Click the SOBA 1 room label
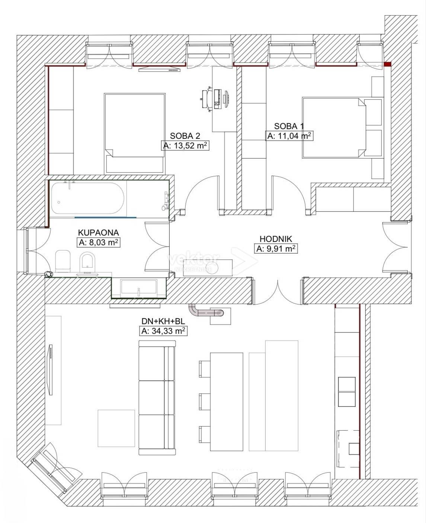[289, 126]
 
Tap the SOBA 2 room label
[185, 136]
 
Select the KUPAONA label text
[98, 232]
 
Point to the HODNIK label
[276, 239]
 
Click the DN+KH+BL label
[163, 321]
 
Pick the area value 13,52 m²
[185, 146]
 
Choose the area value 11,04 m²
[289, 135]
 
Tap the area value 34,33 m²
[163, 331]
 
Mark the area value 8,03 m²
[98, 242]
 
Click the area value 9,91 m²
[276, 249]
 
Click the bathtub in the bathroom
[87, 198]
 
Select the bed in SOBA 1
[343, 127]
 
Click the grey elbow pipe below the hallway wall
[206, 312]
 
